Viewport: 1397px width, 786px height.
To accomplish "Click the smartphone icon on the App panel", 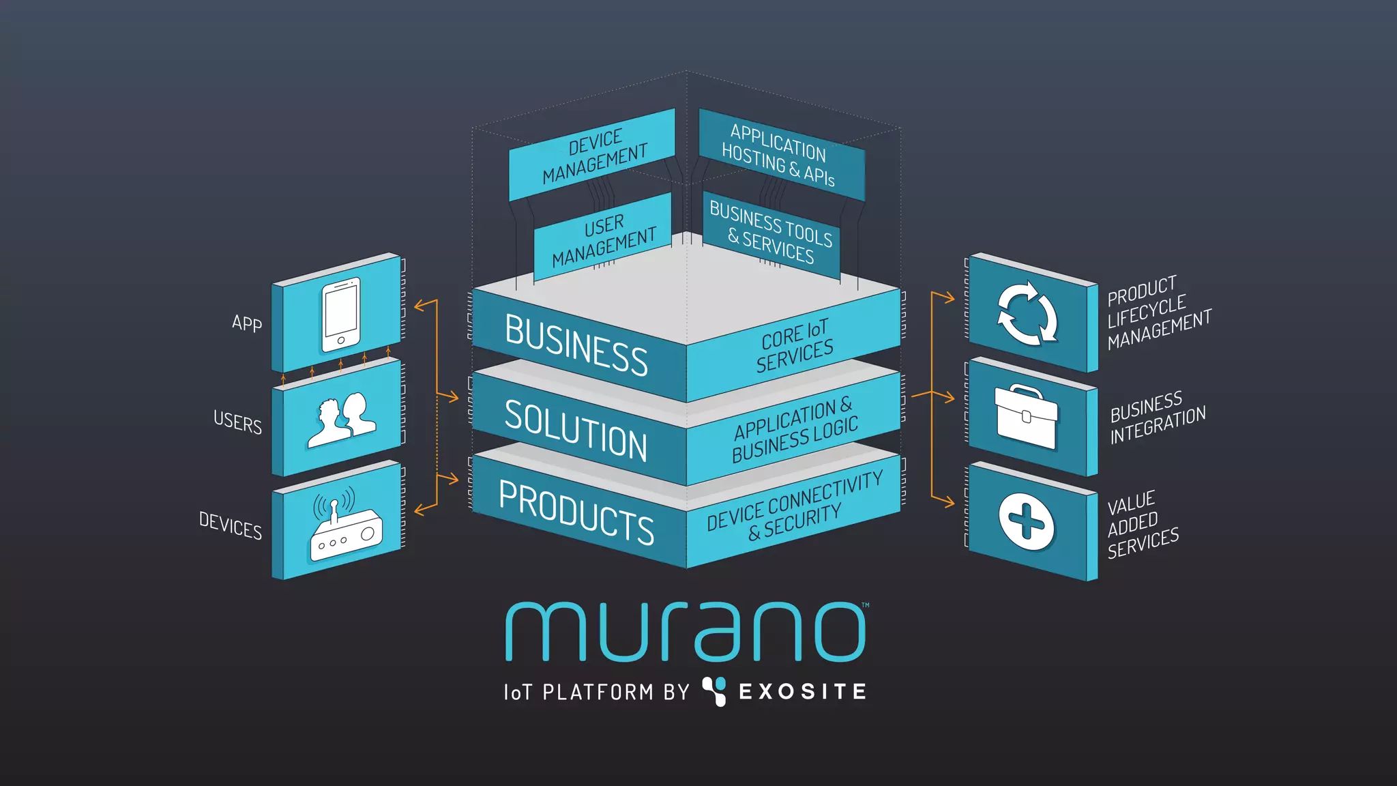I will click(340, 315).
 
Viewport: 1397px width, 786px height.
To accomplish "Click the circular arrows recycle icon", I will click(1027, 314).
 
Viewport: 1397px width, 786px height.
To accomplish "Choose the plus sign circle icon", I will click(1026, 522).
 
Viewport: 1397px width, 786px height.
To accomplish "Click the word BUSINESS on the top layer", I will click(576, 345).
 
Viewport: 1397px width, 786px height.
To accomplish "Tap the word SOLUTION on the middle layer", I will click(576, 431).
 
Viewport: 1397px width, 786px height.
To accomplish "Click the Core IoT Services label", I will click(795, 346).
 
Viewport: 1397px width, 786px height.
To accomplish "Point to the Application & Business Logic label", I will click(795, 431).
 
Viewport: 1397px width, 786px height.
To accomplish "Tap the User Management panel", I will click(603, 239).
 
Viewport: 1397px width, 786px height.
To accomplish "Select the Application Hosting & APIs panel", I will click(779, 155).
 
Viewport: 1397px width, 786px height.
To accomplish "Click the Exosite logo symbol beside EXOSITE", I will click(714, 691).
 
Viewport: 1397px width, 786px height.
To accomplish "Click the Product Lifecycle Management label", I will click(1158, 313).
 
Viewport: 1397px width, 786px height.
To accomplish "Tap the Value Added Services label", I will click(1143, 524).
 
